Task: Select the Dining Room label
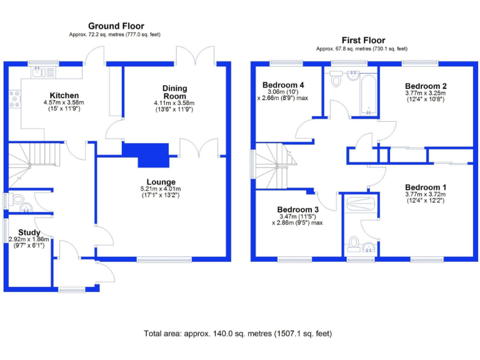pyautogui.click(x=174, y=92)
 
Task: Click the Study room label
pyautogui.click(x=29, y=232)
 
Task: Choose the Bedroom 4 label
pyautogui.click(x=283, y=85)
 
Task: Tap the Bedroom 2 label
pyautogui.click(x=426, y=86)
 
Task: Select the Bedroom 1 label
pyautogui.click(x=426, y=187)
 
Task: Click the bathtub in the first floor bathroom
pyautogui.click(x=367, y=94)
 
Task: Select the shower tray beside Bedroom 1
pyautogui.click(x=361, y=204)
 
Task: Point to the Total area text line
pyautogui.click(x=237, y=333)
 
